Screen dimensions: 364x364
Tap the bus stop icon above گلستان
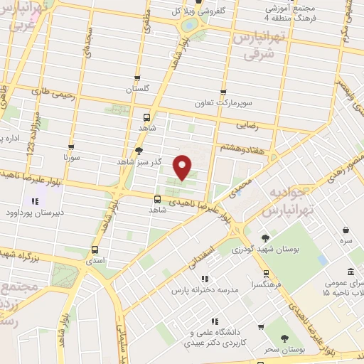137,79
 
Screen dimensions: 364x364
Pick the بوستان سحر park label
284,350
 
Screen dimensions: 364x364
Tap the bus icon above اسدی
95,250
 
